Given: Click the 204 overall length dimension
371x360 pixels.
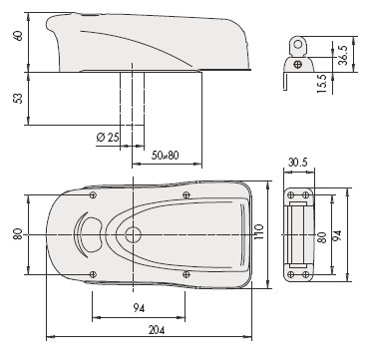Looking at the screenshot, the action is tap(157, 330).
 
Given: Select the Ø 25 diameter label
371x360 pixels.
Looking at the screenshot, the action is tap(108, 137).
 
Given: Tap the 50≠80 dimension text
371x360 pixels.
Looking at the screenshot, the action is tap(165, 156).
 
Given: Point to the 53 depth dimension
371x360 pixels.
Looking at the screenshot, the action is tap(19, 98).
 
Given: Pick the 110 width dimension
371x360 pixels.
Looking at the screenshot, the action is tap(259, 232).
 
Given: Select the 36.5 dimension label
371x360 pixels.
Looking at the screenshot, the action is tap(343, 55).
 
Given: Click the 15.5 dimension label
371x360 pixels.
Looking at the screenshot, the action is tap(322, 83).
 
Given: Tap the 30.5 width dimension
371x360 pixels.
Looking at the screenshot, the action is tap(298, 163).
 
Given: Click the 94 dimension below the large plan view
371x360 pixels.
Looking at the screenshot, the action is tap(139, 308).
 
